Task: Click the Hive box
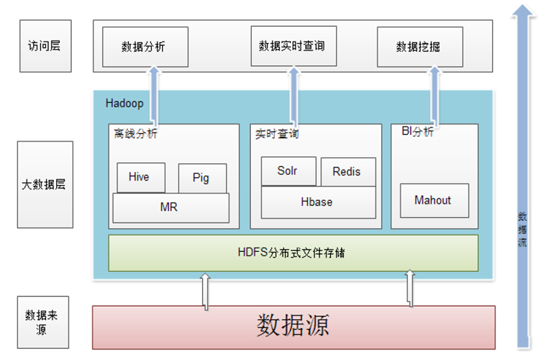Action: pyautogui.click(x=138, y=177)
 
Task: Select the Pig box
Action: pyautogui.click(x=201, y=179)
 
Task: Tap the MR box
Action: pyautogui.click(x=170, y=207)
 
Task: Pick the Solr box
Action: pyautogui.click(x=288, y=171)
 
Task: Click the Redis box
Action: pyautogui.click(x=347, y=172)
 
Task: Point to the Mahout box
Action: pyautogui.click(x=434, y=200)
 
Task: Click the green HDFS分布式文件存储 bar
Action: pyautogui.click(x=293, y=253)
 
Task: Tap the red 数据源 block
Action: pyautogui.click(x=293, y=325)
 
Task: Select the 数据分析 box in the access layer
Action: pyautogui.click(x=144, y=46)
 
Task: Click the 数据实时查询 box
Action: pyautogui.click(x=292, y=46)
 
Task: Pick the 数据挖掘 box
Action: pyautogui.click(x=419, y=46)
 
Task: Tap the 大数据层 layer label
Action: pyautogui.click(x=44, y=184)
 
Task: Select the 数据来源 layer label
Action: pyautogui.click(x=43, y=322)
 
